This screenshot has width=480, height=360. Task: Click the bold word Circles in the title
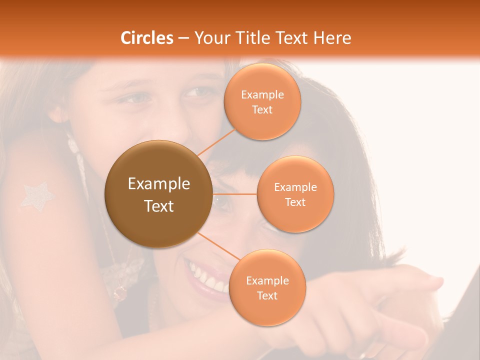tap(147, 38)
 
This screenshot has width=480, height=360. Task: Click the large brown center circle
tap(158, 194)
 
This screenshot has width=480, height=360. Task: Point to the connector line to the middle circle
tap(235, 194)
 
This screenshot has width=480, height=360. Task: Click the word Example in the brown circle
tap(158, 184)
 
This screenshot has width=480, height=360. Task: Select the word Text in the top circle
tap(262, 110)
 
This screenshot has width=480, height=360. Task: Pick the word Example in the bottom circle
tap(267, 280)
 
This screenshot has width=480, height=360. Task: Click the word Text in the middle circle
tap(295, 202)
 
